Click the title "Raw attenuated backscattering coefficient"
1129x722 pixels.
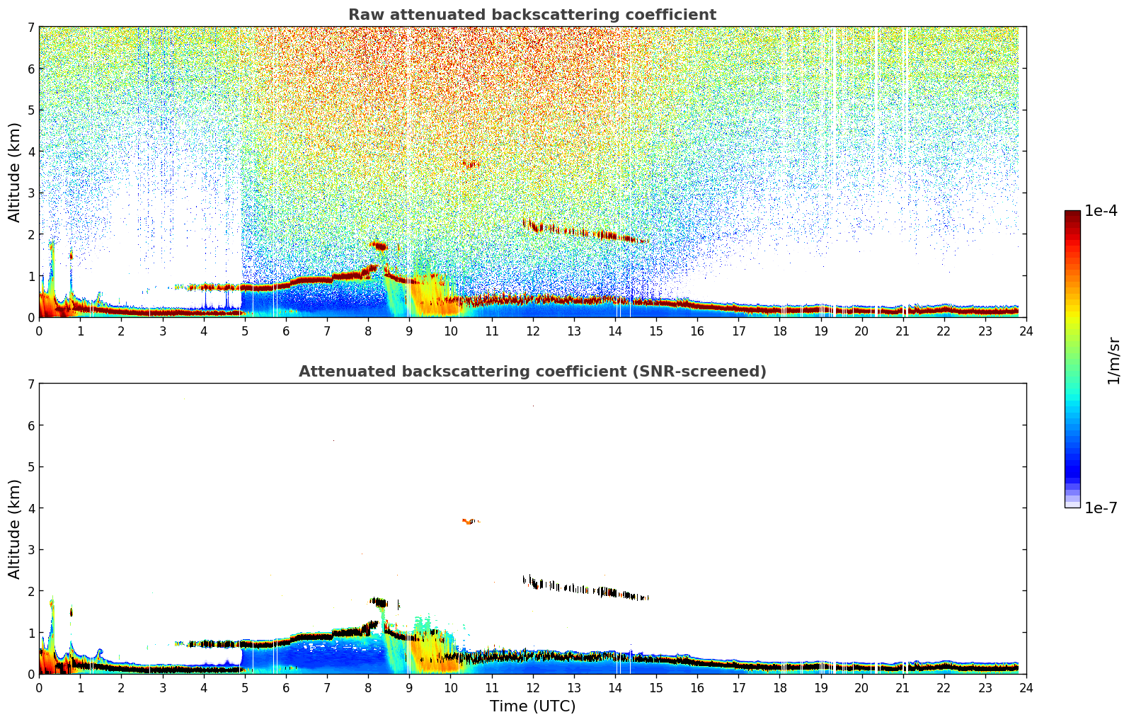tap(532, 15)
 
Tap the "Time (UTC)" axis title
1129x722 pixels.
tap(532, 706)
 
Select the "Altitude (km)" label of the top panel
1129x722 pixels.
tap(14, 172)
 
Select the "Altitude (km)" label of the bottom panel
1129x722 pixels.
tap(14, 529)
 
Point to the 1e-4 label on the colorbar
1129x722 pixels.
tap(1101, 211)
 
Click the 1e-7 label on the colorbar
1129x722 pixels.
tap(1101, 508)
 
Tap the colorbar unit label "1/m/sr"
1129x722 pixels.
tap(1113, 360)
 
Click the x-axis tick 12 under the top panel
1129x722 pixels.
tap(532, 331)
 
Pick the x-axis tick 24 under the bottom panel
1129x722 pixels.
tap(1026, 687)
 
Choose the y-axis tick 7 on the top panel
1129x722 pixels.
tap(30, 28)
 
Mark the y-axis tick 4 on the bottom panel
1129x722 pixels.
tap(30, 508)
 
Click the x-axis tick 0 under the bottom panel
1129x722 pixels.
tap(39, 687)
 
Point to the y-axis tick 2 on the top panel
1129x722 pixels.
tap(30, 234)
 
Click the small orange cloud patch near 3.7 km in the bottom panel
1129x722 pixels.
tap(469, 522)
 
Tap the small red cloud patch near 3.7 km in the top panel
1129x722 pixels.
tap(470, 165)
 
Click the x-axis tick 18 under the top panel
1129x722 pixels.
tap(779, 331)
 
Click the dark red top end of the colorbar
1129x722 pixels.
tap(1072, 214)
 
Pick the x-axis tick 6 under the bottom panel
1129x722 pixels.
tap(286, 687)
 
